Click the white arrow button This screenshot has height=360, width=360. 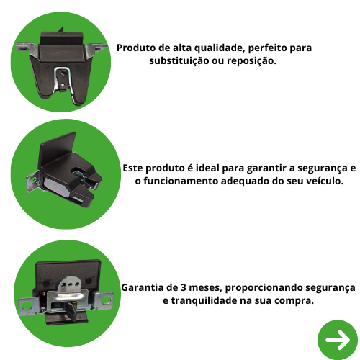pos(338,340)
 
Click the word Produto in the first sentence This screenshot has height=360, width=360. pos(136,48)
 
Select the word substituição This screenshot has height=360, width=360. pos(179,60)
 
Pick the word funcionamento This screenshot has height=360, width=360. pos(180,181)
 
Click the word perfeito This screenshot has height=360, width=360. pos(268,48)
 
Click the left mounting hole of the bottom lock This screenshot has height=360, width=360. pos(27,305)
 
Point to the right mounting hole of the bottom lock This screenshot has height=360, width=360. pos(106,300)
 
